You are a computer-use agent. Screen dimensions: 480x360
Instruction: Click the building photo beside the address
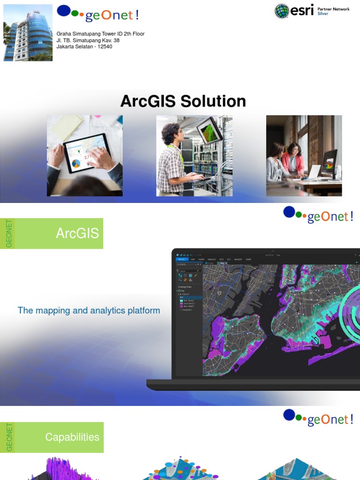[28, 33]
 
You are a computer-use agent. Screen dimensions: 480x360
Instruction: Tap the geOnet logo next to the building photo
[97, 14]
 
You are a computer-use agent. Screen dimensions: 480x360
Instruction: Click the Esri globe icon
[282, 11]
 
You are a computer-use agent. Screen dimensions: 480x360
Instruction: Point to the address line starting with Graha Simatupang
[100, 34]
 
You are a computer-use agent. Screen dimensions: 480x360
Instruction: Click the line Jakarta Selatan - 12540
[84, 47]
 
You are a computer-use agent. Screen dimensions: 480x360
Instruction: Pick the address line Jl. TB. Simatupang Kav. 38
[88, 40]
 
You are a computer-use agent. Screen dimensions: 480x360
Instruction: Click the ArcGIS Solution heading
[183, 101]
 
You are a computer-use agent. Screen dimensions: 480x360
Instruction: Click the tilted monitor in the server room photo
[209, 129]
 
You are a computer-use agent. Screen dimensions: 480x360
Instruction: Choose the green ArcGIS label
[77, 233]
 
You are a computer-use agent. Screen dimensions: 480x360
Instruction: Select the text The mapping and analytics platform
[89, 310]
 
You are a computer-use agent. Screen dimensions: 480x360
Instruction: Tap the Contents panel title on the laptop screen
[181, 264]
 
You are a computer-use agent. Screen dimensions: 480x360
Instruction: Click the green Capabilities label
[72, 437]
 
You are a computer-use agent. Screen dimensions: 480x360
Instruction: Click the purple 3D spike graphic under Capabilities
[61, 469]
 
